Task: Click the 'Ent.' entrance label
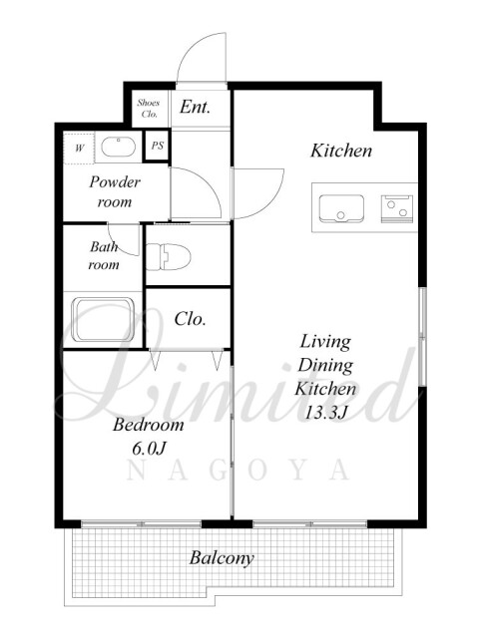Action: (x=196, y=107)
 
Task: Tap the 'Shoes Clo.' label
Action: (x=149, y=109)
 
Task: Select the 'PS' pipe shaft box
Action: (x=158, y=146)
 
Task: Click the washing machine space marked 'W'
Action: (x=79, y=148)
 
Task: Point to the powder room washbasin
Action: (x=118, y=147)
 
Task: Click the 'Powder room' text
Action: (x=115, y=191)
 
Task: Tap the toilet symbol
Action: (x=169, y=256)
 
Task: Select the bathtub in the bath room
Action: (x=103, y=320)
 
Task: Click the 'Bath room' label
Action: (x=104, y=255)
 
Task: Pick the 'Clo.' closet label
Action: (x=190, y=319)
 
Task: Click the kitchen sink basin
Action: (x=341, y=208)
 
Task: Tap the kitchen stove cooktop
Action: (x=397, y=208)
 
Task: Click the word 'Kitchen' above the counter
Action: (x=341, y=151)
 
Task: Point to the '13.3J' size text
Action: (x=325, y=413)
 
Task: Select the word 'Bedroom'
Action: (x=149, y=425)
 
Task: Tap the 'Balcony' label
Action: (x=222, y=558)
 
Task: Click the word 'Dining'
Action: (x=325, y=366)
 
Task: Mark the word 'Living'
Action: (x=325, y=342)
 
